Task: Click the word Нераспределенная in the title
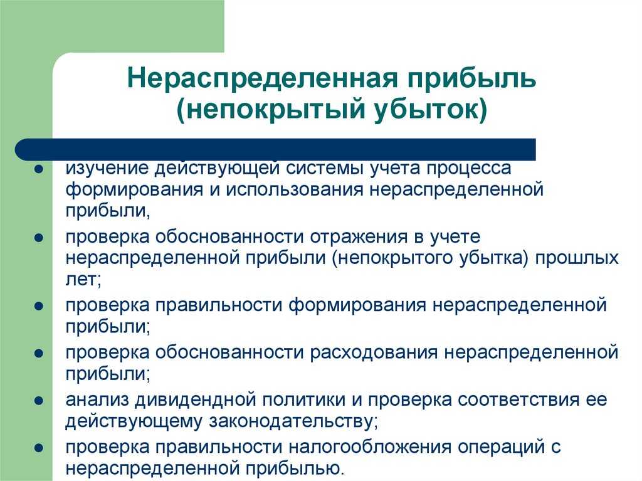tap(262, 78)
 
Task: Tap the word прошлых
tap(577, 258)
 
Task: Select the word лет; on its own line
tap(83, 280)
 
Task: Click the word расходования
tap(374, 353)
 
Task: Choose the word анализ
tap(97, 400)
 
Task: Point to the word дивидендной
tap(196, 400)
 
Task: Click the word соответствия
tap(518, 400)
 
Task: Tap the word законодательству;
tap(293, 421)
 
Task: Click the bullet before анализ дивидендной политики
tap(39, 400)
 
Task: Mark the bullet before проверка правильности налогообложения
tap(39, 448)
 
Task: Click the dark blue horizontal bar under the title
tap(275, 149)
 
